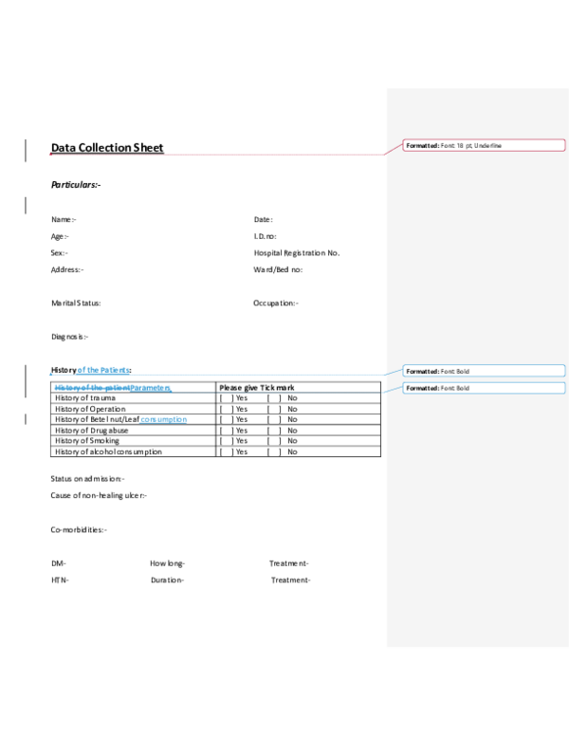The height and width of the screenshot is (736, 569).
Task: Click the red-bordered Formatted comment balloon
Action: pyautogui.click(x=484, y=145)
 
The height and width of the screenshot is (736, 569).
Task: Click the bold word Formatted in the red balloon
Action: pyautogui.click(x=422, y=145)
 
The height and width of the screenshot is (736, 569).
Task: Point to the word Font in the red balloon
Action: pyautogui.click(x=449, y=145)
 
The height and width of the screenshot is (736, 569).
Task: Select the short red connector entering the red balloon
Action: pyautogui.click(x=394, y=149)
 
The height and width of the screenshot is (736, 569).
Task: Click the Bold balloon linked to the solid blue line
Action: pyautogui.click(x=484, y=371)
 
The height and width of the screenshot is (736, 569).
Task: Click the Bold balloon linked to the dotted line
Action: pyautogui.click(x=484, y=388)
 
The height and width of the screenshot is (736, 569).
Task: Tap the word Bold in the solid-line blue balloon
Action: pyautogui.click(x=463, y=371)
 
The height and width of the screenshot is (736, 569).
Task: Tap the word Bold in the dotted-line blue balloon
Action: pyautogui.click(x=463, y=388)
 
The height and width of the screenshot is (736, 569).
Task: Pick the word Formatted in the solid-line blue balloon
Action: pyautogui.click(x=422, y=371)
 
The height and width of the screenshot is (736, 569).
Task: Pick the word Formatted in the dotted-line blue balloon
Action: pyautogui.click(x=422, y=388)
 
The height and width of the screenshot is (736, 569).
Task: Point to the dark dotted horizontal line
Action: pyautogui.click(x=275, y=392)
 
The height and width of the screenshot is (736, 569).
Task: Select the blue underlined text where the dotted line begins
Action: pyautogui.click(x=112, y=387)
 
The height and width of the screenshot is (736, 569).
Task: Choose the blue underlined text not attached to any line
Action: pyautogui.click(x=163, y=419)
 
